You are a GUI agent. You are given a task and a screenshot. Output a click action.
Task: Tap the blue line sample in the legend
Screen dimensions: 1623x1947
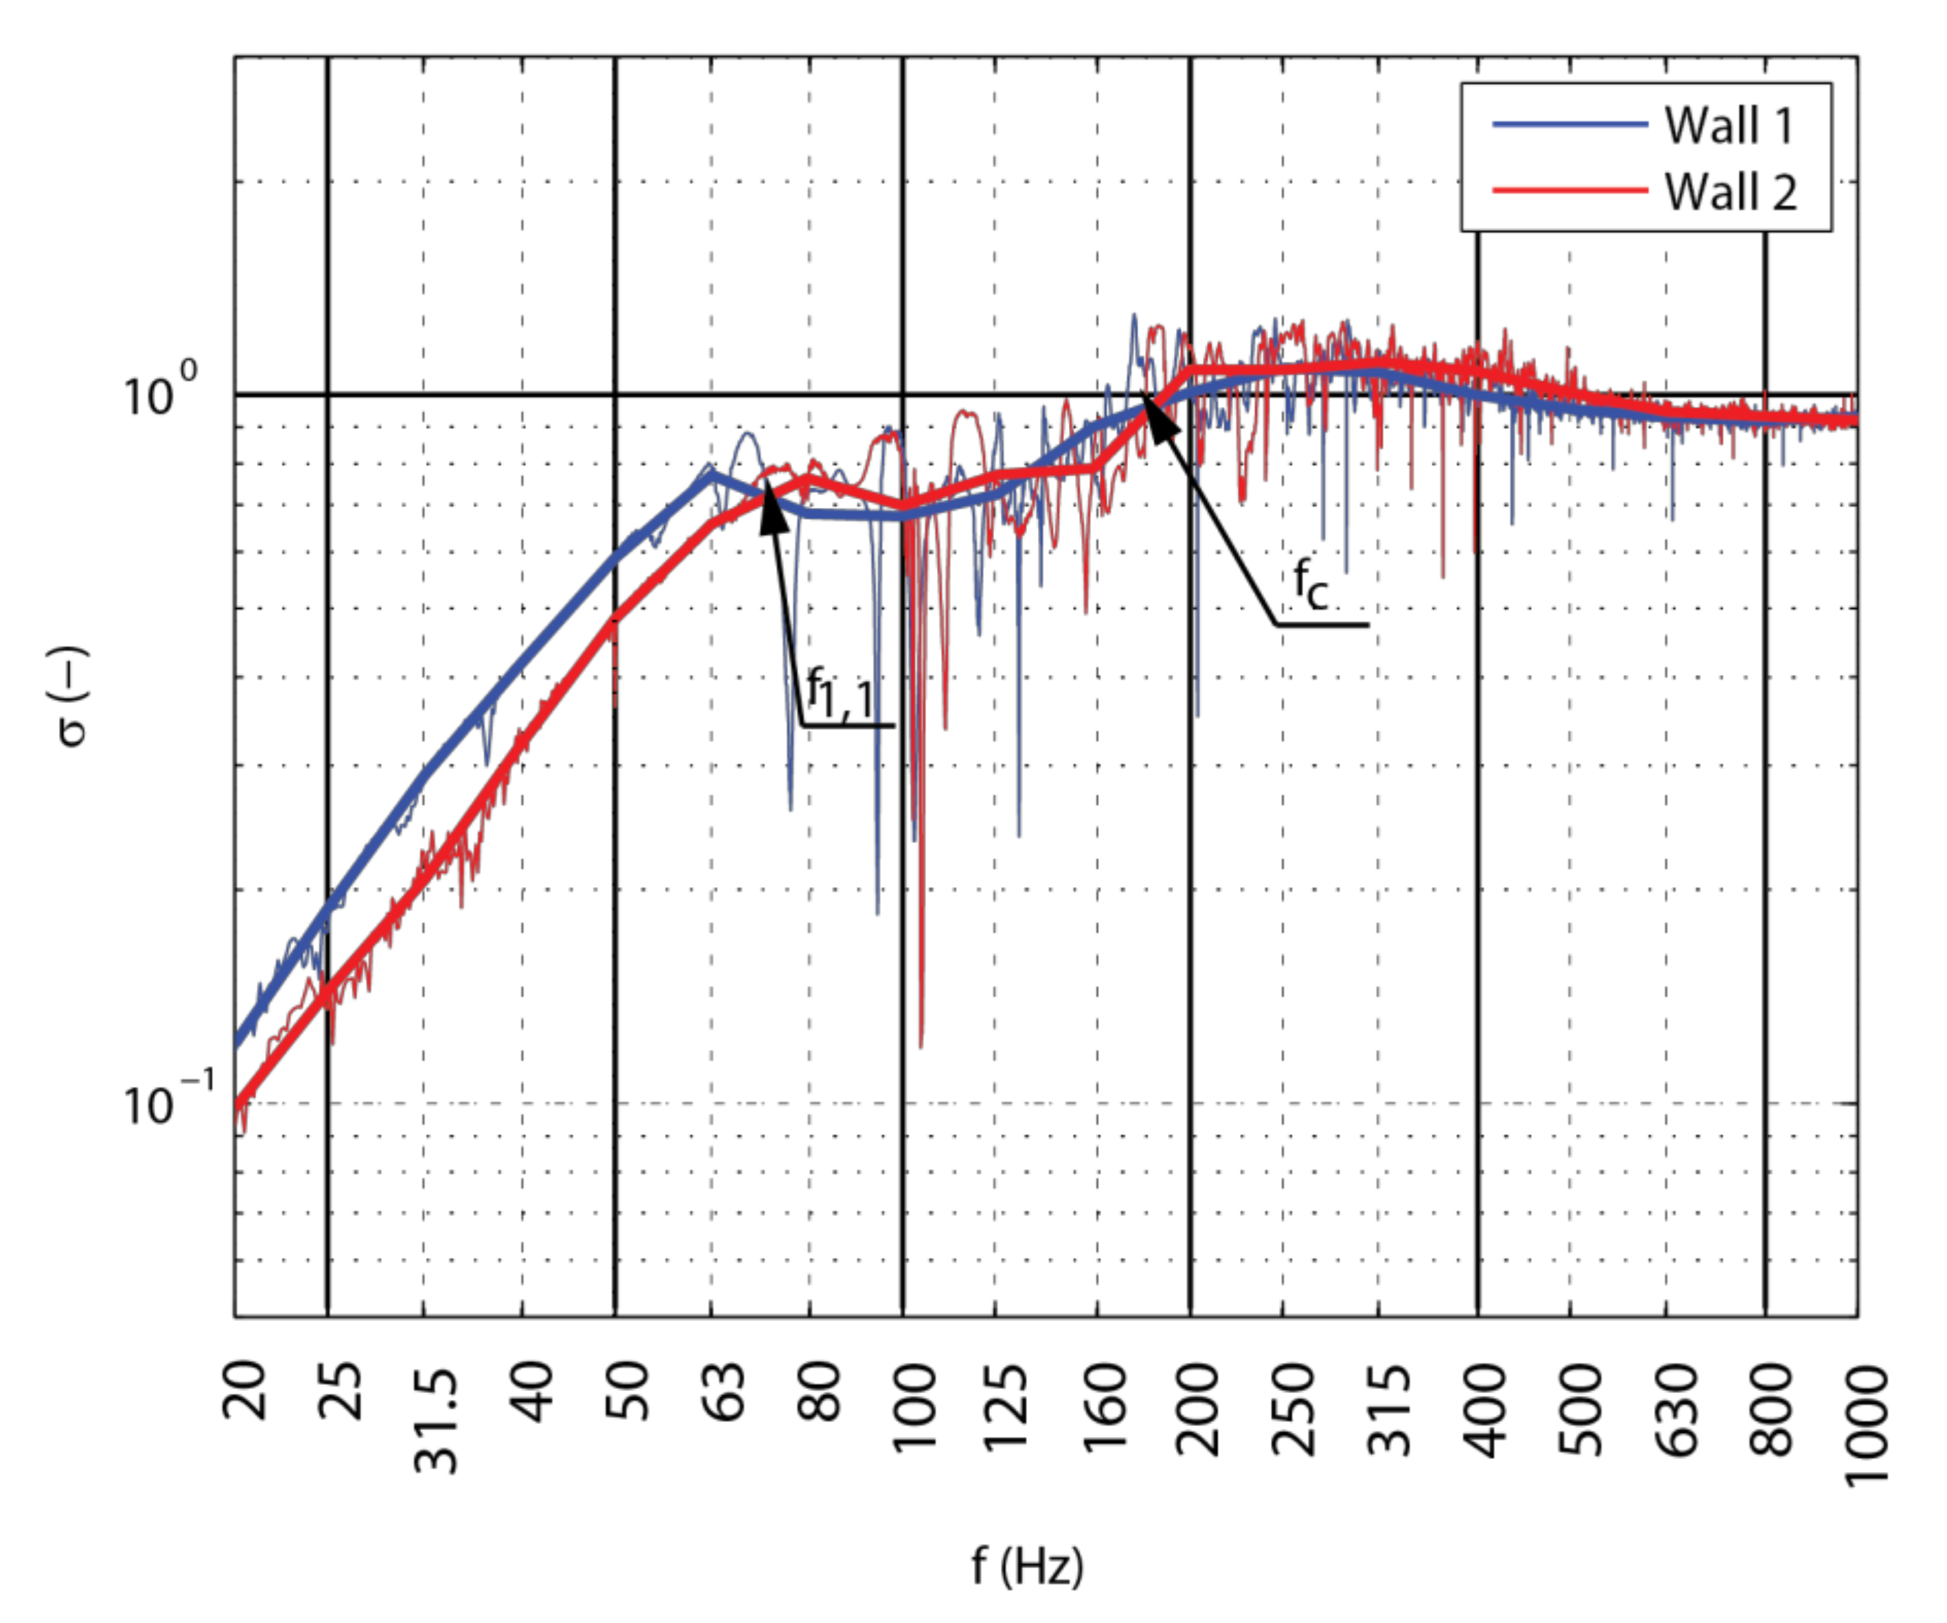(1569, 124)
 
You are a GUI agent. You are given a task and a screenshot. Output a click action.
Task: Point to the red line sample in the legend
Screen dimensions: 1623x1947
(1569, 190)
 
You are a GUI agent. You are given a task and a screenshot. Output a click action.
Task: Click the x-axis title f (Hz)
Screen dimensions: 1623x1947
(1027, 1567)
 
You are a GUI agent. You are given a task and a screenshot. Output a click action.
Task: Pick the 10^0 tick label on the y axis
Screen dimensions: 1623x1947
(159, 393)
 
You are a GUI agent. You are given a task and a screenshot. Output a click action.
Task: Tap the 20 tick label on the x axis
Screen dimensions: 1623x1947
(246, 1391)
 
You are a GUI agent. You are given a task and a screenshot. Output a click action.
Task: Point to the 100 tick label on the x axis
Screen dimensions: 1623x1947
(915, 1406)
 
